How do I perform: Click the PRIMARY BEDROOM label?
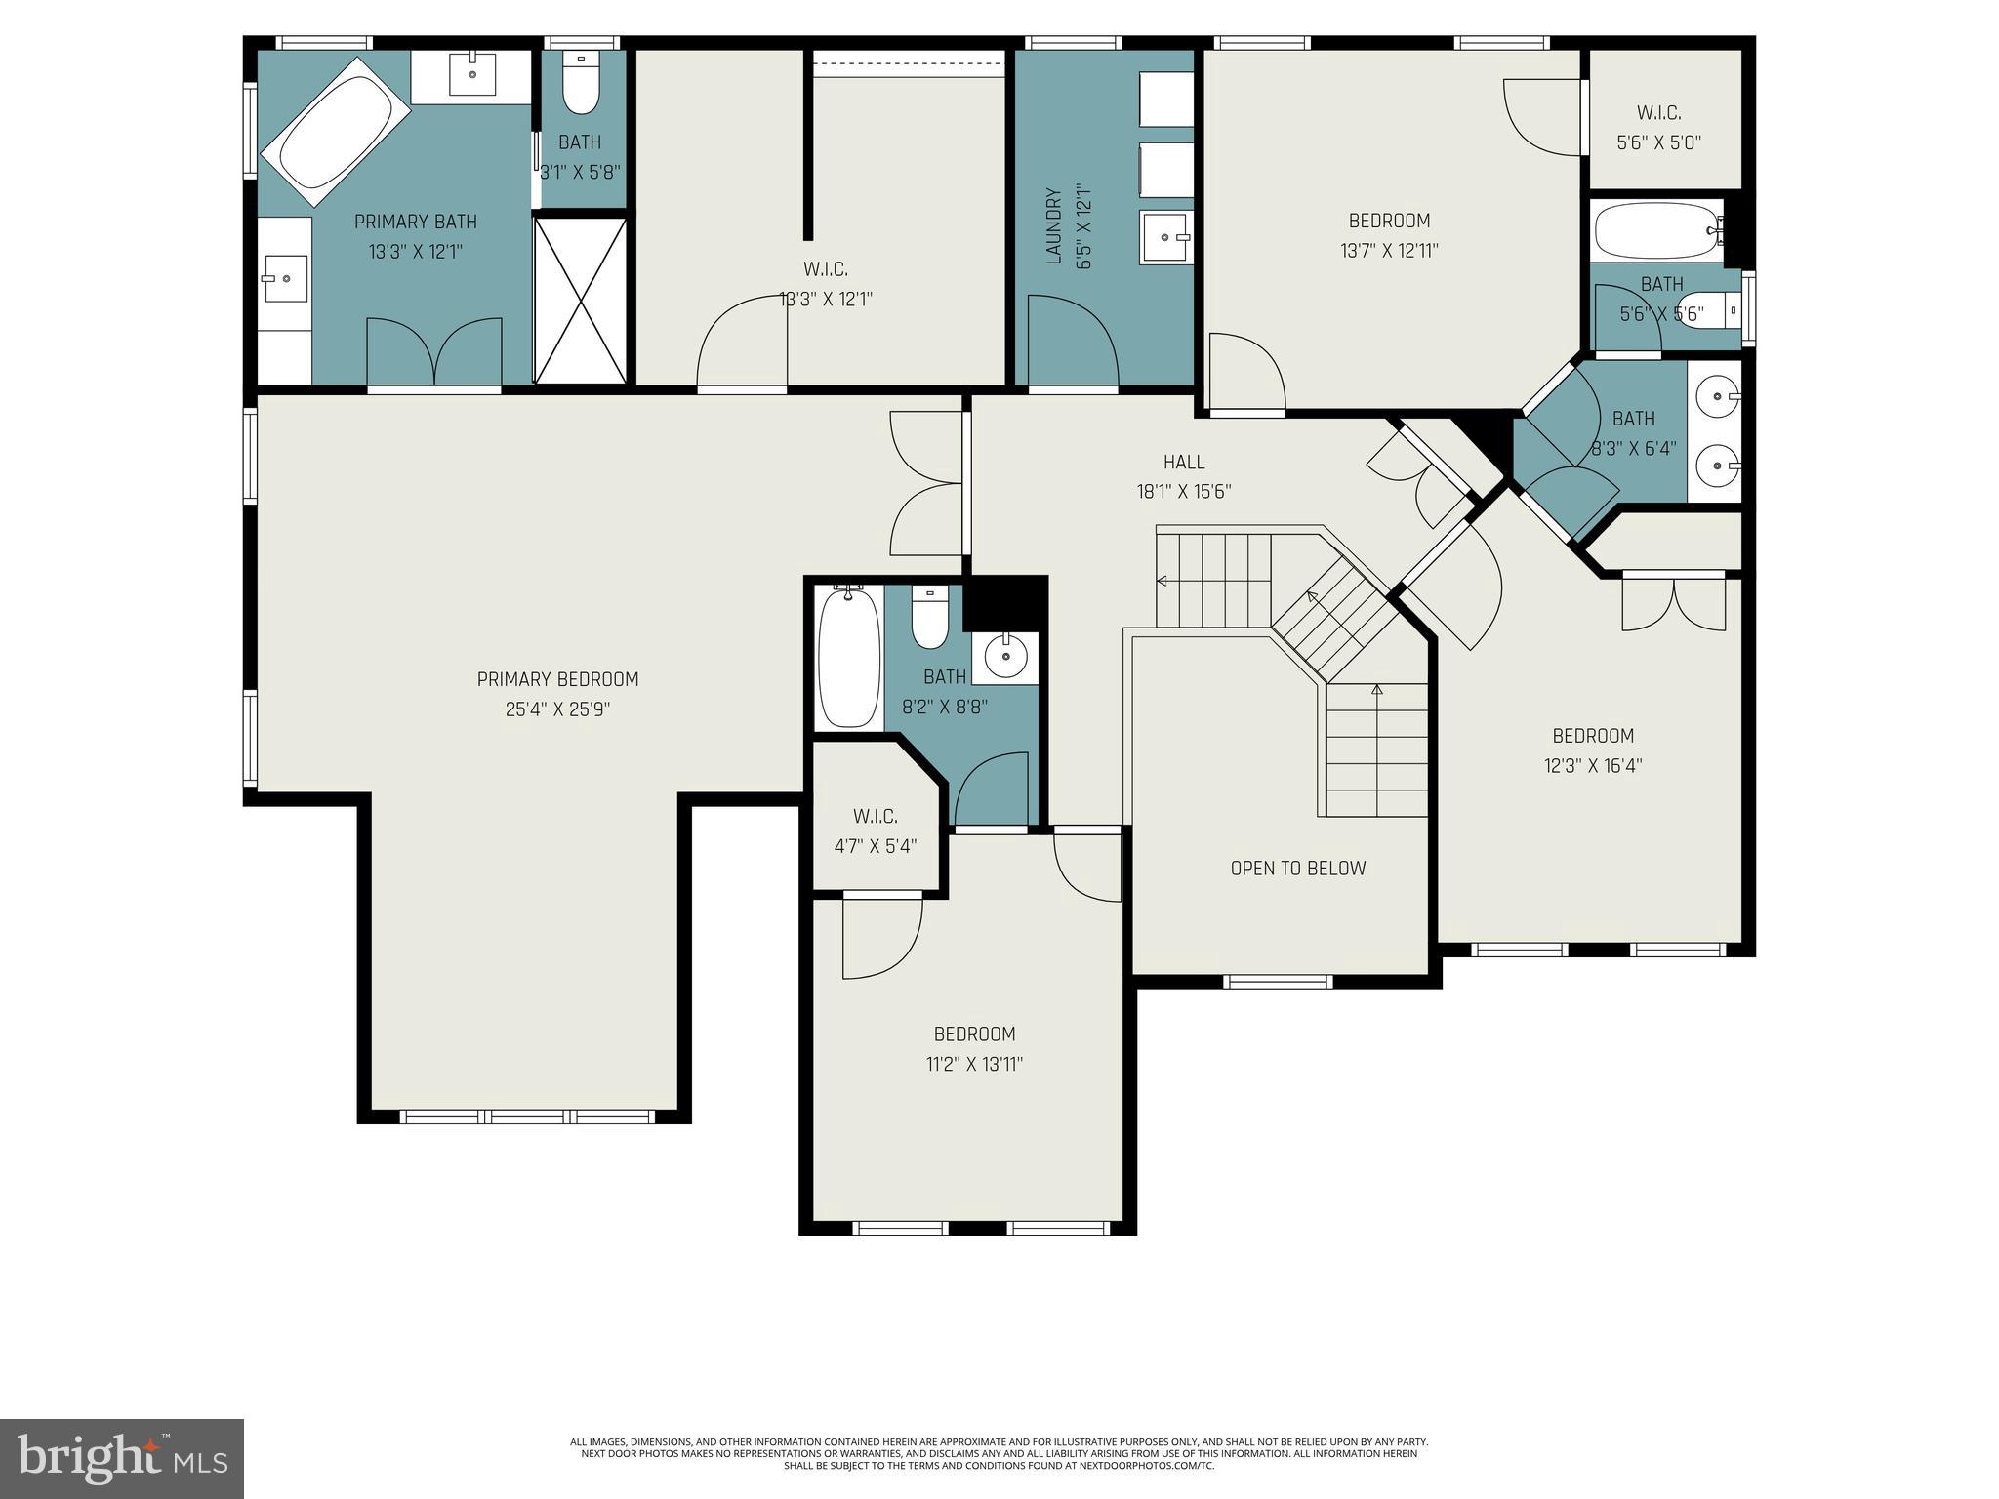(x=557, y=679)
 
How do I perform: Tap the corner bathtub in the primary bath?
(x=333, y=131)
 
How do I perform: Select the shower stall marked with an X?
(x=580, y=300)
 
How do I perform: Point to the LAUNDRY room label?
(x=1052, y=225)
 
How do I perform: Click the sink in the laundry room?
(x=1165, y=237)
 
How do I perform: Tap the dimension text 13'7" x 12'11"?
(x=1389, y=251)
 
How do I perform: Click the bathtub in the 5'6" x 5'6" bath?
(x=1657, y=230)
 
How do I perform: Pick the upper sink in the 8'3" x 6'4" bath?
(x=1716, y=396)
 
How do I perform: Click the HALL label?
(x=1183, y=463)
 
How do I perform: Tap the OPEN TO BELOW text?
(x=1297, y=869)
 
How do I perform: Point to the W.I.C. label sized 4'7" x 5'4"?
(x=875, y=816)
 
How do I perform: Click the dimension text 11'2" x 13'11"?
(x=974, y=1064)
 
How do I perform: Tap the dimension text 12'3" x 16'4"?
(x=1592, y=766)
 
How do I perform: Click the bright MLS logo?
(x=121, y=1458)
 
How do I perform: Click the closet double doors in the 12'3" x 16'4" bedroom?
(x=1673, y=605)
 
